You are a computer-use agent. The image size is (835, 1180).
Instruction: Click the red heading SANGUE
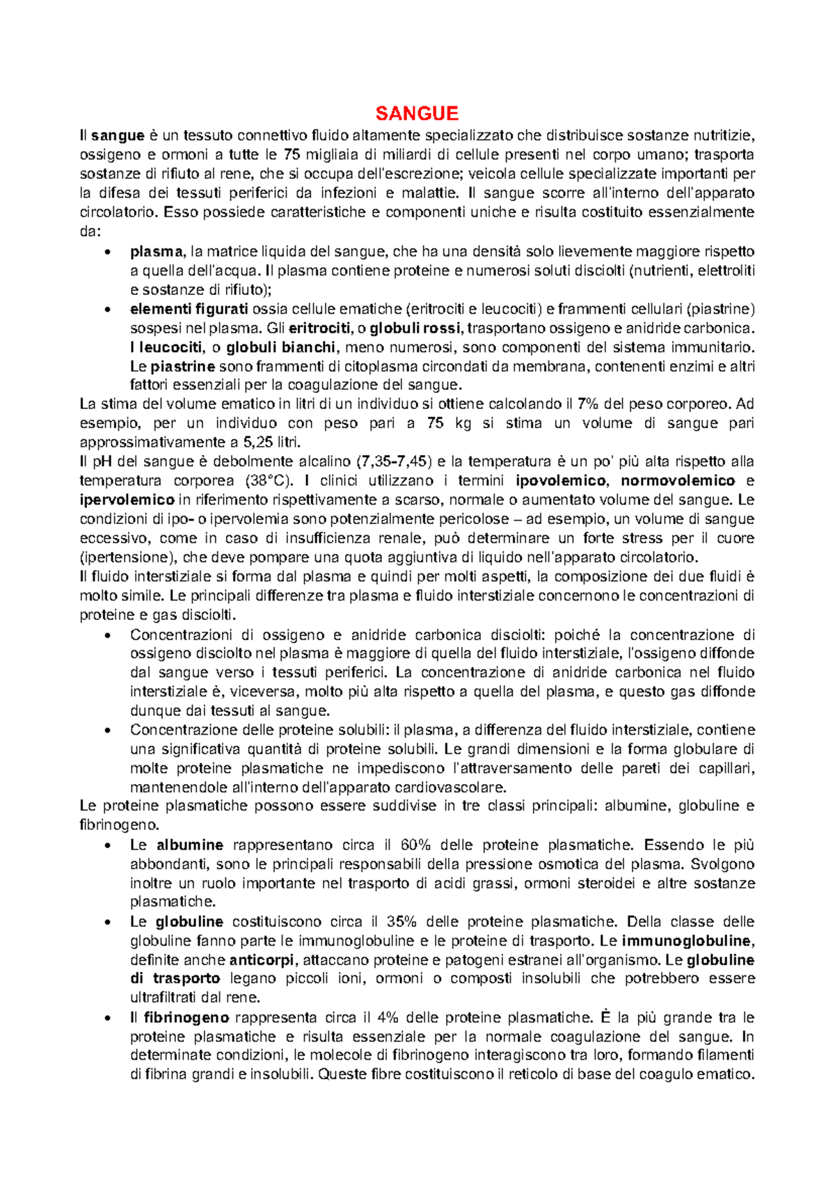pos(417,113)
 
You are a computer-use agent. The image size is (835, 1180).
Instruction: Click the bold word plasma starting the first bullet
pos(156,251)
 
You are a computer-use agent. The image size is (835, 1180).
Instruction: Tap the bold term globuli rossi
pos(415,328)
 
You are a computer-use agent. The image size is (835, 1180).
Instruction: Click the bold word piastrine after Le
pos(182,366)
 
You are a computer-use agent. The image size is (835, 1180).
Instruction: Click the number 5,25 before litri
pos(260,442)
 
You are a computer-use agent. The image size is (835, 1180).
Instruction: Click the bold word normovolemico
pos(677,480)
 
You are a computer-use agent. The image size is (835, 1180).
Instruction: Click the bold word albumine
pos(189,845)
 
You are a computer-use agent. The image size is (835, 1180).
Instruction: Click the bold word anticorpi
pos(262,960)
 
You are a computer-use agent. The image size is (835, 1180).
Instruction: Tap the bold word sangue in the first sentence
pos(118,135)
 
